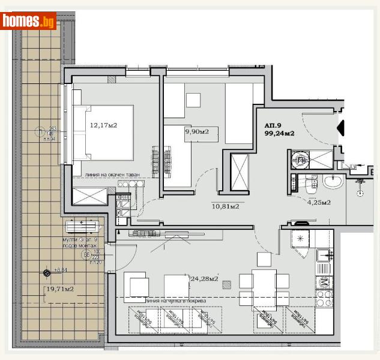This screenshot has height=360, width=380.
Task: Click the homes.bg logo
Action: pyautogui.click(x=28, y=21)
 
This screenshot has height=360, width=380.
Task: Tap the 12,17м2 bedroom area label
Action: pyautogui.click(x=103, y=126)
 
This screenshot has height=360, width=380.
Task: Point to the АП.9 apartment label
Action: pyautogui.click(x=274, y=125)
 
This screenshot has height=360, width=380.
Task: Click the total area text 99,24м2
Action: pyautogui.click(x=280, y=134)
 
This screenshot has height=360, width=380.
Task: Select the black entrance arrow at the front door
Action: pyautogui.click(x=341, y=127)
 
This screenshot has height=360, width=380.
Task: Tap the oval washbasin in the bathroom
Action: pyautogui.click(x=332, y=182)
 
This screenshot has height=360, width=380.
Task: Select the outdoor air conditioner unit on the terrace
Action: pyautogui.click(x=82, y=226)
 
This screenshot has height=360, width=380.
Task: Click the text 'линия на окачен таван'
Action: pyautogui.click(x=113, y=175)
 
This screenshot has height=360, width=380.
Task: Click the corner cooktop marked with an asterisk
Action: pyautogui.click(x=300, y=239)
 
